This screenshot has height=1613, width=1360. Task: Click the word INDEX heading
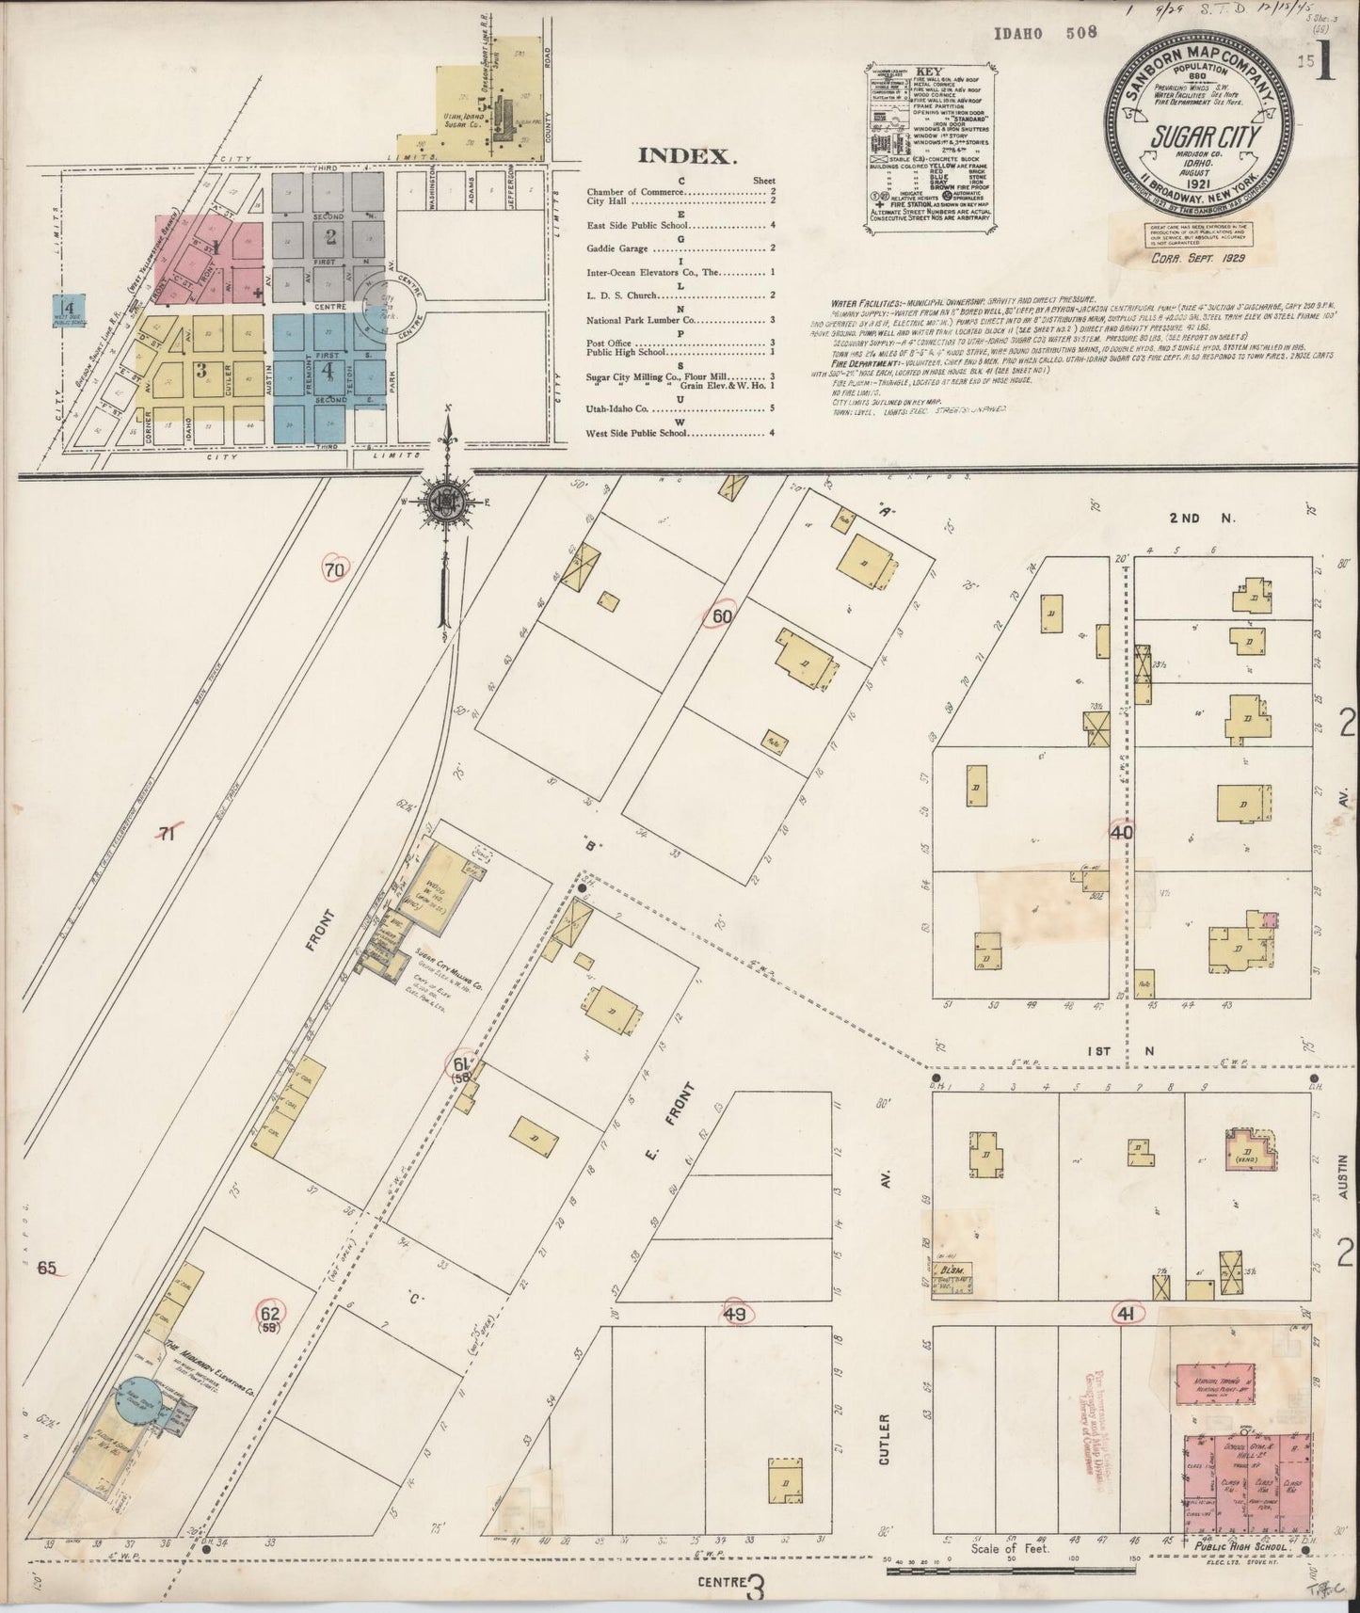(685, 156)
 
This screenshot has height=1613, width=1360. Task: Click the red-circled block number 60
(723, 615)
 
